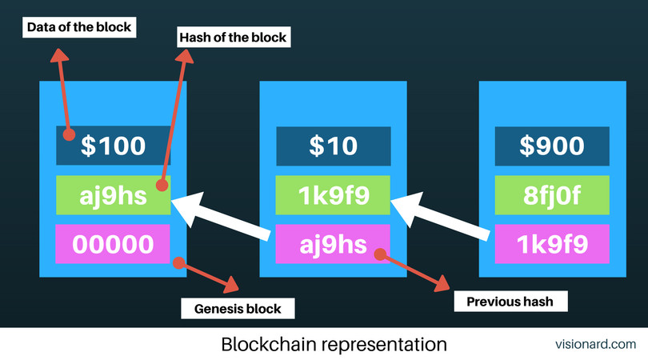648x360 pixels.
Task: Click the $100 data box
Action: pos(113,146)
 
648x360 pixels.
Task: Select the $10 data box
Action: pos(334,146)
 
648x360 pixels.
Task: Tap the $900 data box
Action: pos(552,146)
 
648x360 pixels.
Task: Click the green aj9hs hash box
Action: pos(113,195)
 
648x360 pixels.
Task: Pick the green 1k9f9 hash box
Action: pos(334,195)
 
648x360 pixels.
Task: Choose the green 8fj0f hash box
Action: pos(552,195)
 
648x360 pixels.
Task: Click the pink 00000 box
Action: pos(113,244)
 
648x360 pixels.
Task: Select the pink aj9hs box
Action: pos(334,244)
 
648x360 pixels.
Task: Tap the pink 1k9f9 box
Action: pos(552,244)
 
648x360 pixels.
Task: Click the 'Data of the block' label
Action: pos(79,27)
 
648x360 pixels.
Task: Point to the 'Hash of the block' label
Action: pos(232,36)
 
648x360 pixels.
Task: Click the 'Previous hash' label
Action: pos(510,302)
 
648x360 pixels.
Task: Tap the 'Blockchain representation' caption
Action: pos(334,345)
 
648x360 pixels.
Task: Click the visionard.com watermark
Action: pos(595,345)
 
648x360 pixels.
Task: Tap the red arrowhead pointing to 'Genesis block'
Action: pos(234,286)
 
